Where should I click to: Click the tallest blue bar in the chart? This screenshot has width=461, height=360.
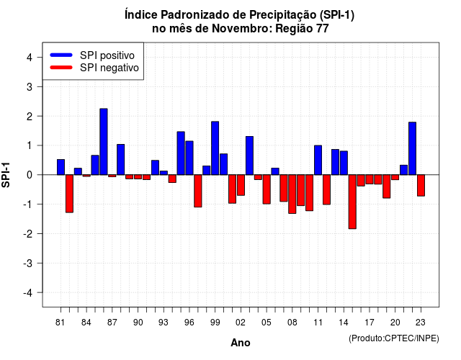tap(104, 142)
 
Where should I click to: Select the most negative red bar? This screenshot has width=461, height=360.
tap(352, 202)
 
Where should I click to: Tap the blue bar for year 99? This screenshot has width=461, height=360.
tap(215, 148)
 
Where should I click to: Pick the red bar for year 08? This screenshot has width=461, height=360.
tap(292, 194)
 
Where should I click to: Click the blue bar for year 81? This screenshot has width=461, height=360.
tap(61, 167)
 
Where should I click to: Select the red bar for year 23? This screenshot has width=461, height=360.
tap(421, 186)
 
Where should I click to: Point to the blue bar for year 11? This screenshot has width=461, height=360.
tap(318, 160)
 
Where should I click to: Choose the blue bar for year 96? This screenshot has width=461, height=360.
tap(189, 158)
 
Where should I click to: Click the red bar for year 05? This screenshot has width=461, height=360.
tap(267, 189)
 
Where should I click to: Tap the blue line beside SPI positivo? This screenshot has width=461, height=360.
tap(61, 55)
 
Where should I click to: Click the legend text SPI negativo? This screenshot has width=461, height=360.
tap(109, 68)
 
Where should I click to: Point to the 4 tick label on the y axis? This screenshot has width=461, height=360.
tap(30, 58)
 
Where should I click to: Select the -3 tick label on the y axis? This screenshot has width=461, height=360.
tap(28, 264)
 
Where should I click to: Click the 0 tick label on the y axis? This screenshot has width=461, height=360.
tap(30, 175)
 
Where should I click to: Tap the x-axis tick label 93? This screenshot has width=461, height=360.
tap(164, 323)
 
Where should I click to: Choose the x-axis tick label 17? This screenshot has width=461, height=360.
tap(370, 323)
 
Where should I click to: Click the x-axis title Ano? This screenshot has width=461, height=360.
tap(241, 343)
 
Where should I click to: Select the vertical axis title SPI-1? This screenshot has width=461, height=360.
tap(6, 175)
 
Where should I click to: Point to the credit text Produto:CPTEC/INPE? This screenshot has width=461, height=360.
tap(394, 338)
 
